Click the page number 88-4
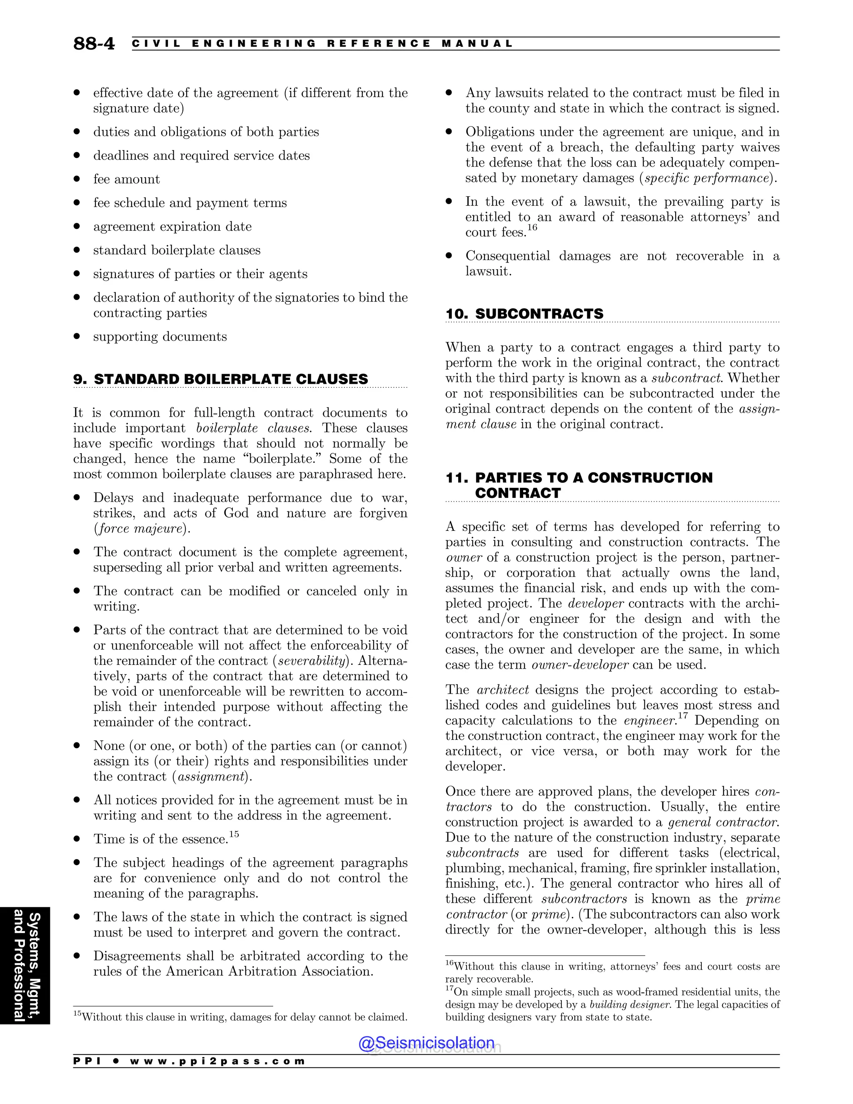[94, 43]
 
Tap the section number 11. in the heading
[457, 478]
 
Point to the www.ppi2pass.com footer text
[217, 1061]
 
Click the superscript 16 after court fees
[532, 228]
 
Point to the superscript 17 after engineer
[683, 716]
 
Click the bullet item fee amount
[126, 180]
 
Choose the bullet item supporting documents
[160, 337]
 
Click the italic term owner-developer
[580, 665]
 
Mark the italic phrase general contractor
[723, 822]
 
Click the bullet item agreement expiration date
[172, 227]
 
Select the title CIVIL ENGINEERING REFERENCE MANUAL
[322, 43]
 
